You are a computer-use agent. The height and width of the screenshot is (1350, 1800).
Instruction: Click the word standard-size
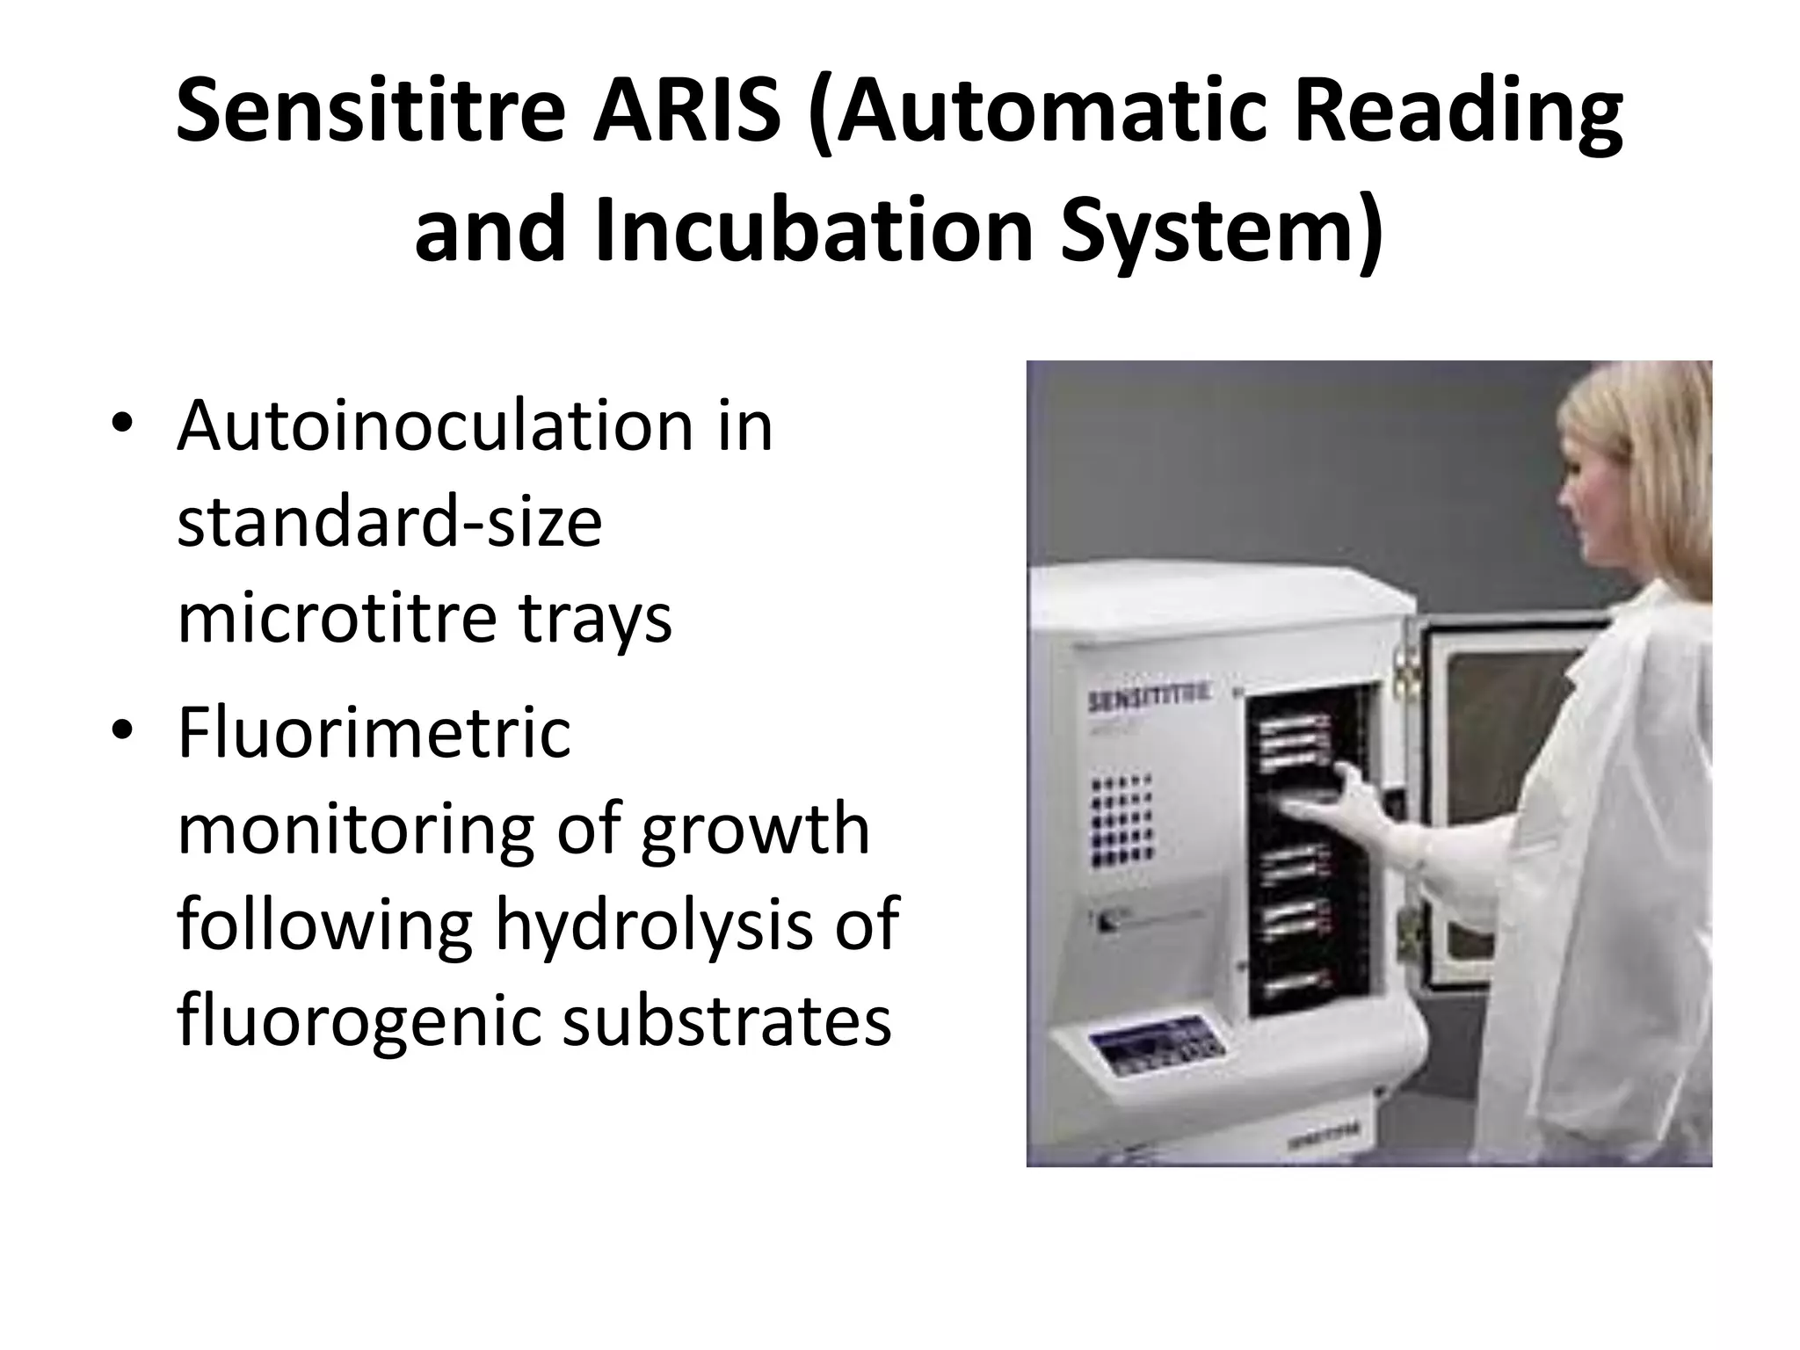point(389,522)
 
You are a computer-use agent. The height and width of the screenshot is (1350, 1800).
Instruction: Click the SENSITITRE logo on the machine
point(1148,701)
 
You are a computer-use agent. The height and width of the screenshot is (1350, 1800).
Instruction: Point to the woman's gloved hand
point(1358,809)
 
